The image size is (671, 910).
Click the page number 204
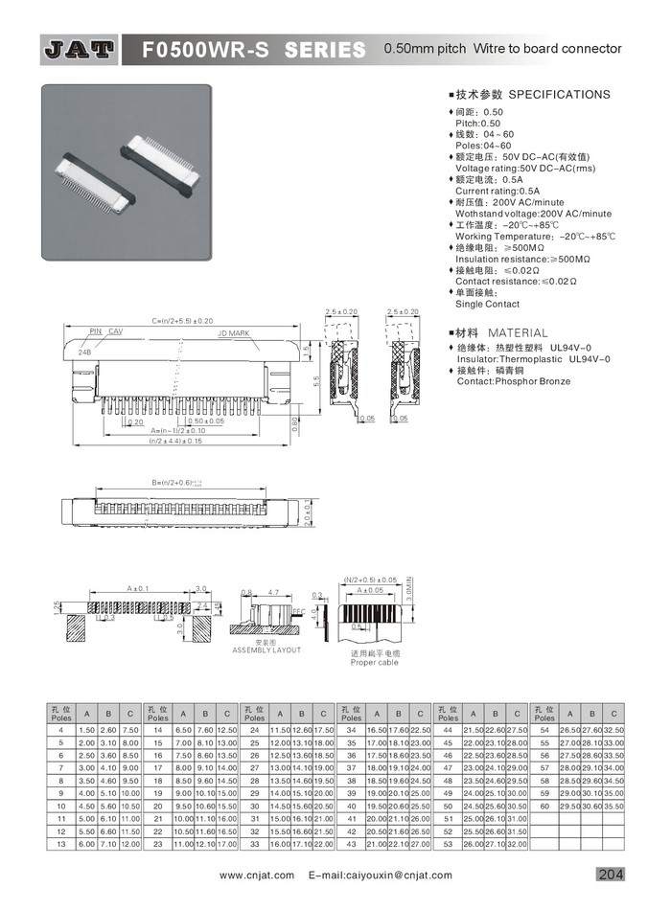[611, 874]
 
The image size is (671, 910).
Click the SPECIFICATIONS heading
[559, 95]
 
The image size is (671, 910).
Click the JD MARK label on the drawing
[233, 333]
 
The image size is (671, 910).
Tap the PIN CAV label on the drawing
[106, 331]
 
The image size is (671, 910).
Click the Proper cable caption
[374, 662]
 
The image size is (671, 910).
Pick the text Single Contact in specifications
[487, 304]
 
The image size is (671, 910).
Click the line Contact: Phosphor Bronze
[513, 381]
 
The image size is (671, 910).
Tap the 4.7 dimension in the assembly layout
[273, 593]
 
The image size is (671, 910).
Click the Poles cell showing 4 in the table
[61, 731]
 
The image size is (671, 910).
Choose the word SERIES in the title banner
[325, 49]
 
